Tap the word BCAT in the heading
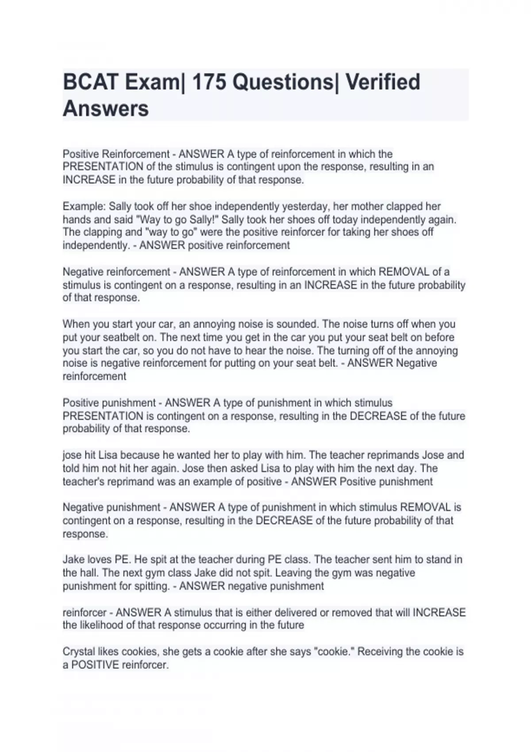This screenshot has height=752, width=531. pyautogui.click(x=90, y=82)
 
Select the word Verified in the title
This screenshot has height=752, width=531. pyautogui.click(x=382, y=82)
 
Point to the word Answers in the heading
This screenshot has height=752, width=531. pyautogui.click(x=106, y=109)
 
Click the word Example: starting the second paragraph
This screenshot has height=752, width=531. pyautogui.click(x=84, y=207)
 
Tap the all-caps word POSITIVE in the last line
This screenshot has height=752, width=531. pyautogui.click(x=95, y=665)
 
